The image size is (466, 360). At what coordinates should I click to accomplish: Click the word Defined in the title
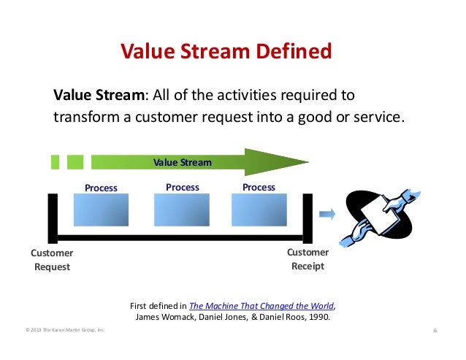tap(294, 51)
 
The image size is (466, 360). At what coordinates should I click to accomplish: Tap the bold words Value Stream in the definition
tap(99, 95)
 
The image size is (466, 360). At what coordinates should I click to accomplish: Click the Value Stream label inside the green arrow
tap(183, 162)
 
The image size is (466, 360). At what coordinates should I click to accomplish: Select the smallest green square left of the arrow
tap(55, 162)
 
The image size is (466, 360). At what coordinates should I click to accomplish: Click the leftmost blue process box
tap(101, 210)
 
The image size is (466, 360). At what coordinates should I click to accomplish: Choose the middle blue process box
tap(182, 210)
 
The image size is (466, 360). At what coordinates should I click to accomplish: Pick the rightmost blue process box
tap(259, 210)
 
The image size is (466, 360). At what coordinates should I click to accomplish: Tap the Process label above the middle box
tap(183, 188)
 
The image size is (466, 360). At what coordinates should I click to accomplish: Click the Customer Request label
tap(52, 260)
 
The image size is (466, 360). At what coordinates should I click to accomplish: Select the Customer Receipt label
tap(308, 259)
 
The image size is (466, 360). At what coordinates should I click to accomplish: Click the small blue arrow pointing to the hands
tap(327, 214)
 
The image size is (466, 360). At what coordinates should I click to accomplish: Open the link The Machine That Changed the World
tap(261, 306)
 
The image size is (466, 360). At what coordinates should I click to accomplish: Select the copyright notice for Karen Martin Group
tap(65, 330)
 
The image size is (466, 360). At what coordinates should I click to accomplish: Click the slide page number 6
tap(435, 330)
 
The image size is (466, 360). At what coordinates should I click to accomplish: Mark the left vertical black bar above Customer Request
tap(53, 218)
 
